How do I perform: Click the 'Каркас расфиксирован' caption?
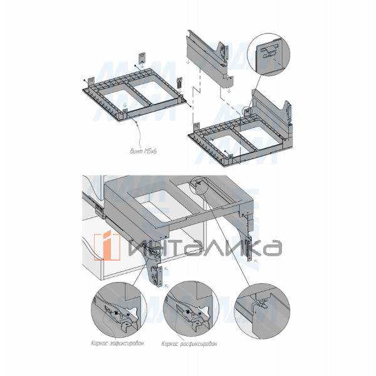188,343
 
